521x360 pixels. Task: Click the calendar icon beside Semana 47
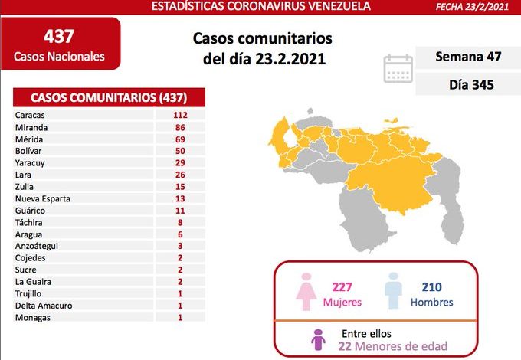pos(398,68)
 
